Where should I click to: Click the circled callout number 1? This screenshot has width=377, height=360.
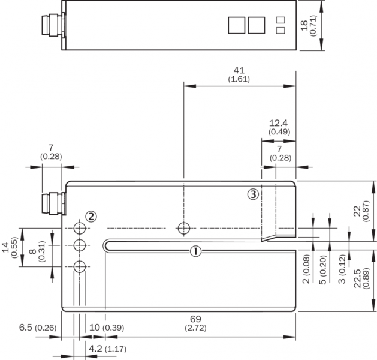195,251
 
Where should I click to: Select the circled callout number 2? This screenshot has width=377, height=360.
91,216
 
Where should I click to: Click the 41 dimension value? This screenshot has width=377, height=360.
239,70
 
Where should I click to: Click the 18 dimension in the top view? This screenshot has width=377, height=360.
304,25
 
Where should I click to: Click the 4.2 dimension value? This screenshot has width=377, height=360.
95,347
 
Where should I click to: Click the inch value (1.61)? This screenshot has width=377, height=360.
239,79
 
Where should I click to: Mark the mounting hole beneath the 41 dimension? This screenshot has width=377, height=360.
184,228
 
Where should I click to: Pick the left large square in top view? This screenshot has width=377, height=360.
236,25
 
